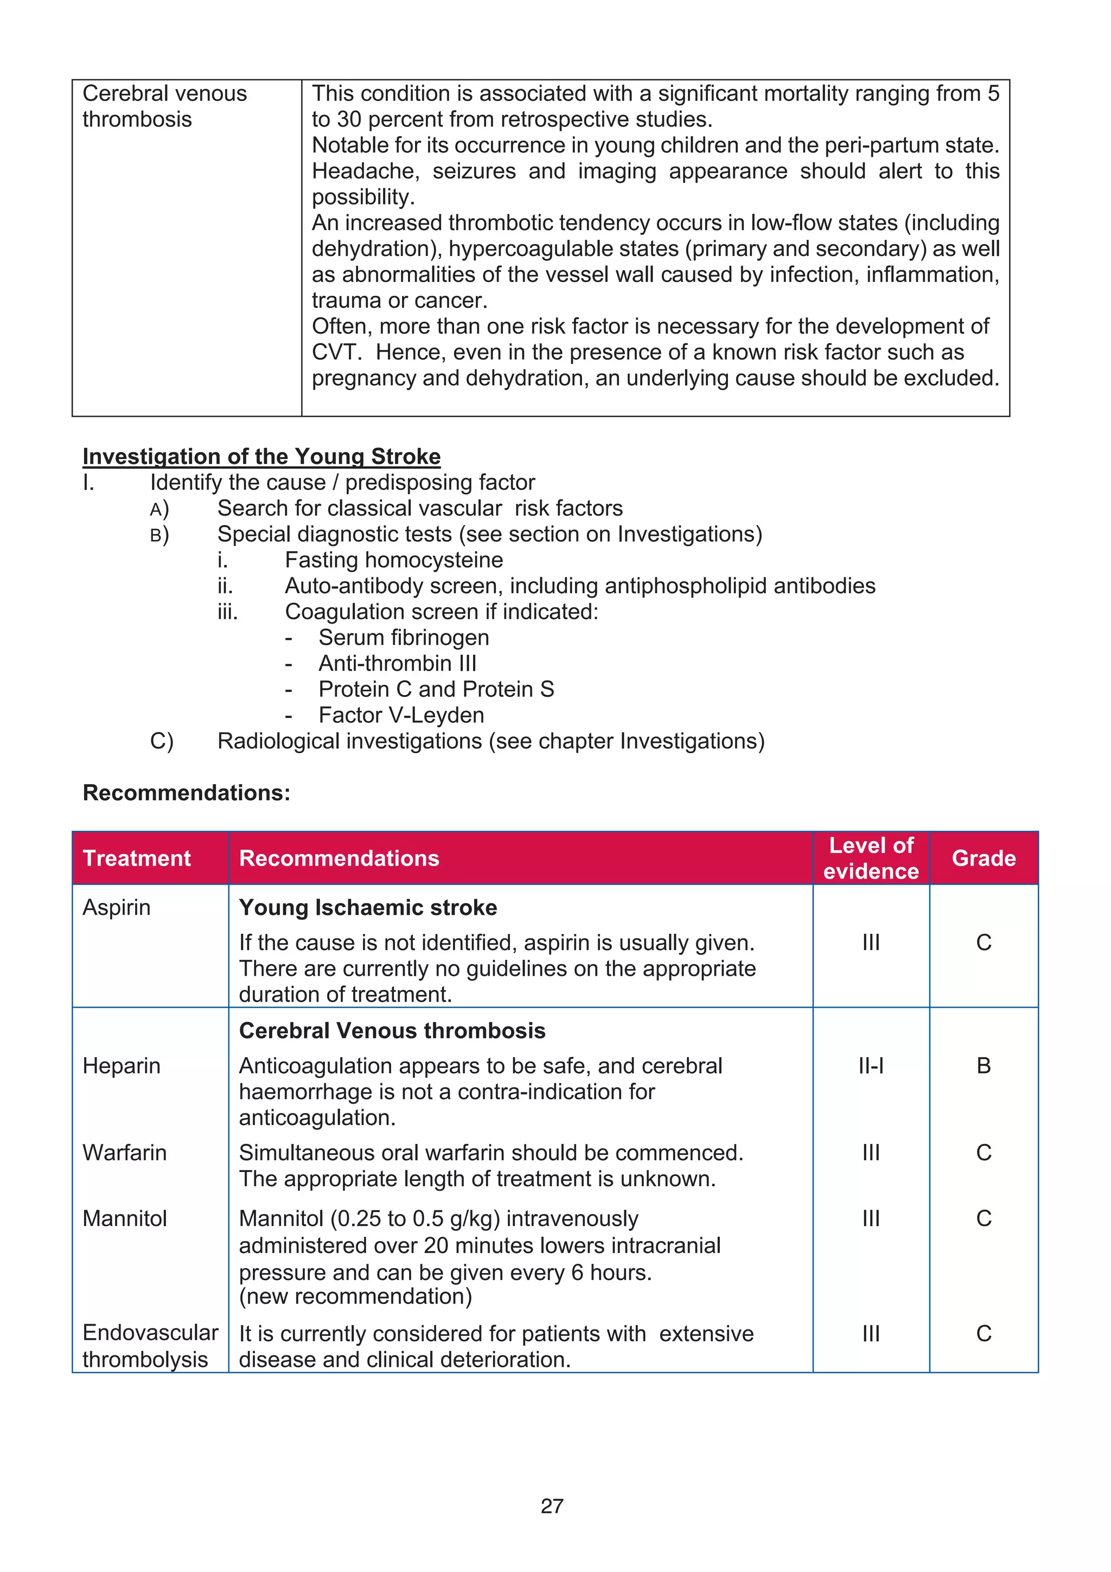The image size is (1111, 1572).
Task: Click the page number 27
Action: [552, 1506]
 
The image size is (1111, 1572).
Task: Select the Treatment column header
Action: [136, 858]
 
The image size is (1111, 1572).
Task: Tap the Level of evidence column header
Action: [871, 858]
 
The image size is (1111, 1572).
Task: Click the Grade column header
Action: [983, 858]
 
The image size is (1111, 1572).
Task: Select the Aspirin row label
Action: [117, 907]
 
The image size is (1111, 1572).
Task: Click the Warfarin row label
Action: [125, 1153]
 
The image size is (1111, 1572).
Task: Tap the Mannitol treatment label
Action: [125, 1218]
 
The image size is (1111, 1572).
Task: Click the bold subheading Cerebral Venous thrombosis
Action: [392, 1030]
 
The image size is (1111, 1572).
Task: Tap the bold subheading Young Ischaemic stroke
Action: [368, 907]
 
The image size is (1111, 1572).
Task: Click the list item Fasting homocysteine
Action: [394, 560]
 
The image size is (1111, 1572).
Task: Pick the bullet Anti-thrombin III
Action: [397, 664]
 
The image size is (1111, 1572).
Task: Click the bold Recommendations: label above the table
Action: [186, 792]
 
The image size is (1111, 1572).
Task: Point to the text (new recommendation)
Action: [355, 1296]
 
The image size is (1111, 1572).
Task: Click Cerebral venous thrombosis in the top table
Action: [164, 106]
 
